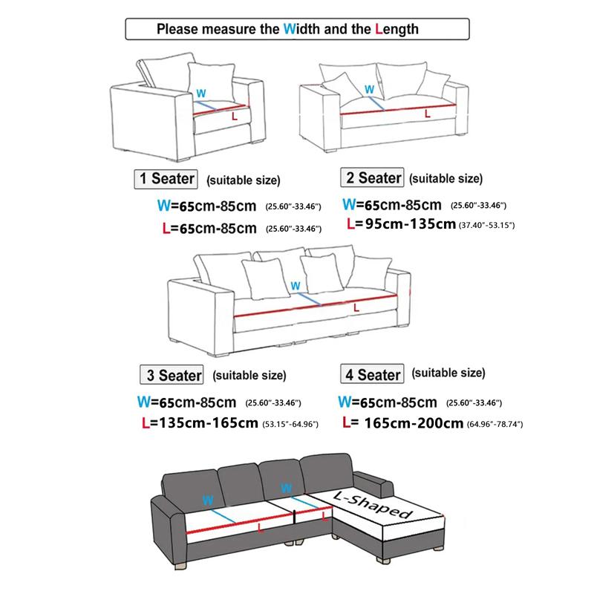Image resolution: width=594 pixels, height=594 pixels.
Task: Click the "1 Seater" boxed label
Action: (x=165, y=179)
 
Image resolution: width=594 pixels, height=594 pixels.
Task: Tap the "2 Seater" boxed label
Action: (x=371, y=178)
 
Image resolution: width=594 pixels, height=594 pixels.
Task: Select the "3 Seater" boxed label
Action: (x=172, y=375)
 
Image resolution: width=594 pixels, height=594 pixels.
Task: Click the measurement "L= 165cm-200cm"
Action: (x=404, y=424)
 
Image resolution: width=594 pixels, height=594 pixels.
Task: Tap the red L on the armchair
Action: (x=235, y=117)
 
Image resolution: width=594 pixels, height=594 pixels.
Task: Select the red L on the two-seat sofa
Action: (x=426, y=113)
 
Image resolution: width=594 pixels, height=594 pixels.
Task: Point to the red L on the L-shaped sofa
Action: (x=260, y=527)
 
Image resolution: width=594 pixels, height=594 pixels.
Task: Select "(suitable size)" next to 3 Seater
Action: (x=249, y=375)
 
